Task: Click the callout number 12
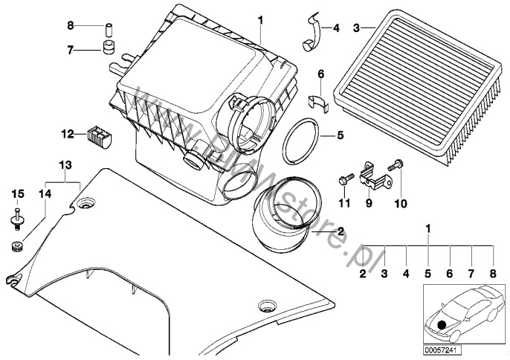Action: [67, 135]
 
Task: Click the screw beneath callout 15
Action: [17, 217]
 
